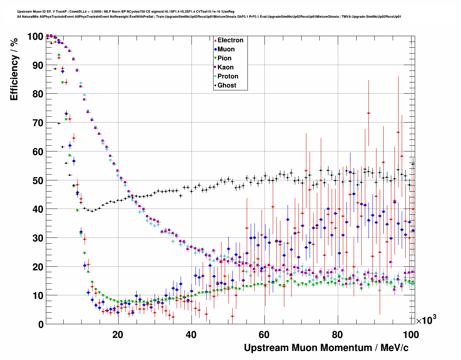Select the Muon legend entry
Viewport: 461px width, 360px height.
coord(226,49)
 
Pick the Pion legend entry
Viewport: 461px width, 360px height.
coord(224,58)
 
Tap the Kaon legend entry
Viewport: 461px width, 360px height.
coord(225,67)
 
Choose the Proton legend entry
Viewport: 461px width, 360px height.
coord(228,76)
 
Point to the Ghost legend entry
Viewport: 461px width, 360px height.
coord(227,85)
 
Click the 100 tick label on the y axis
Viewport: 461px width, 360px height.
coord(35,37)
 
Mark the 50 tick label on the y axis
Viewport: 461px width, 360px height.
coord(38,180)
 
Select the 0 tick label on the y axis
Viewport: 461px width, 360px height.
coord(40,324)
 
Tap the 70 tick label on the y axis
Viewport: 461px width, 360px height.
coord(38,123)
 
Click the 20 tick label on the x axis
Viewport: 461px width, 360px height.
coord(118,334)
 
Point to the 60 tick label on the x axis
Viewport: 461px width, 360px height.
coord(264,334)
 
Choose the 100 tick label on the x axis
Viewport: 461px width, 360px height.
coord(410,334)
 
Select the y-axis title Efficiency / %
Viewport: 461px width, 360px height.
coord(14,69)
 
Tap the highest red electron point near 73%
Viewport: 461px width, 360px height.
coord(369,113)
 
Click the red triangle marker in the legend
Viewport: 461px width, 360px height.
coord(215,40)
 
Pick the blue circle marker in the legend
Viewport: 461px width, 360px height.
coord(215,49)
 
